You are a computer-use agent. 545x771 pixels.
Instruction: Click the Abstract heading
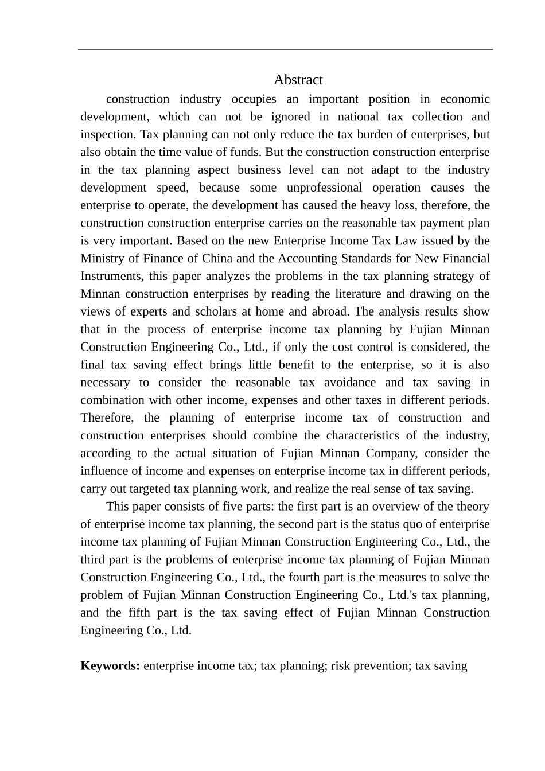tap(298, 80)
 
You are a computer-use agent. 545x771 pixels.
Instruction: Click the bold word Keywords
tap(110, 666)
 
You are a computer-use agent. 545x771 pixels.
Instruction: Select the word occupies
tap(254, 99)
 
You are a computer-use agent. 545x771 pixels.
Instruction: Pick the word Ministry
tap(102, 259)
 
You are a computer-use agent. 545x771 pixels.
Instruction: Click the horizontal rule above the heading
tap(285, 50)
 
